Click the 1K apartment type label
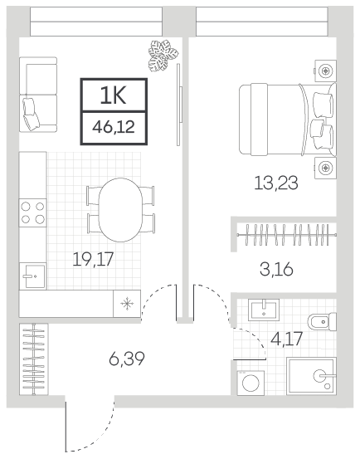113,95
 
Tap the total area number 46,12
114,127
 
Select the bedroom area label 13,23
276,183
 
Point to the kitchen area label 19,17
93,259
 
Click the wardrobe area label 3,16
276,269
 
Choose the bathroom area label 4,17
286,339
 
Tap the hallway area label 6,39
127,359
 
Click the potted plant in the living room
163,56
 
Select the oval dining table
120,210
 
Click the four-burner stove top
32,212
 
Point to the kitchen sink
32,276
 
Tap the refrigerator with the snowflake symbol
127,304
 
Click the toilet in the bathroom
322,321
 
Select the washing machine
251,383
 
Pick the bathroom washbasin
264,310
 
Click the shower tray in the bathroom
311,376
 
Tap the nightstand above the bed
325,71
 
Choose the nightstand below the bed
325,168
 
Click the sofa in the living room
38,95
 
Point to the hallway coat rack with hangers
34,359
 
